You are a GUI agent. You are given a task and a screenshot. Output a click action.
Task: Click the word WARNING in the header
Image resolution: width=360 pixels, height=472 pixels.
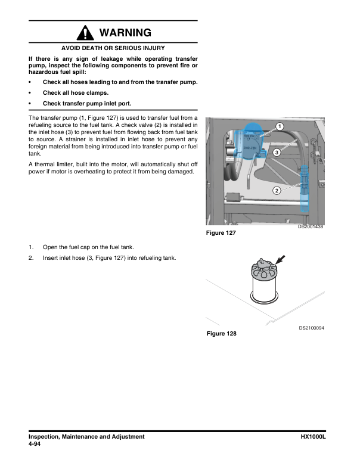125,32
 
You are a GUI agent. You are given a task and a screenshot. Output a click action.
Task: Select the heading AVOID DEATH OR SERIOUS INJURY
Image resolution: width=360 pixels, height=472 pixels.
113,48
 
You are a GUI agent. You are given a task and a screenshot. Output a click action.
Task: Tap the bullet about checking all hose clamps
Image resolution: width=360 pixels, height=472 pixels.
75,93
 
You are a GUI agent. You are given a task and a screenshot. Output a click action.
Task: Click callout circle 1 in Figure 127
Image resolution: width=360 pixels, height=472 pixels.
280,125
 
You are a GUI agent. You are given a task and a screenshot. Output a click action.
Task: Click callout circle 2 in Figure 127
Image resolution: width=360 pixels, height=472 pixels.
277,191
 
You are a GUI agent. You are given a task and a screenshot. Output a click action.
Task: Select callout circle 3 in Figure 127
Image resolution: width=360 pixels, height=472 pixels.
277,153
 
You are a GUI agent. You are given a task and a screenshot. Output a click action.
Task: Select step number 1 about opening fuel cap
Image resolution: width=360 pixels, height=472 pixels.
30,247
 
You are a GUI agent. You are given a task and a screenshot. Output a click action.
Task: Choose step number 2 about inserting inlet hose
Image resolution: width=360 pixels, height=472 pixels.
30,258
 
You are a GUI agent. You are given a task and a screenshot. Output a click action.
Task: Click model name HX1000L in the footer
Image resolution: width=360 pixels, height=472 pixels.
316,437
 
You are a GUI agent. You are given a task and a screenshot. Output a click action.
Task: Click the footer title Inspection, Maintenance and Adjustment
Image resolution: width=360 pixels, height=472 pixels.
86,437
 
